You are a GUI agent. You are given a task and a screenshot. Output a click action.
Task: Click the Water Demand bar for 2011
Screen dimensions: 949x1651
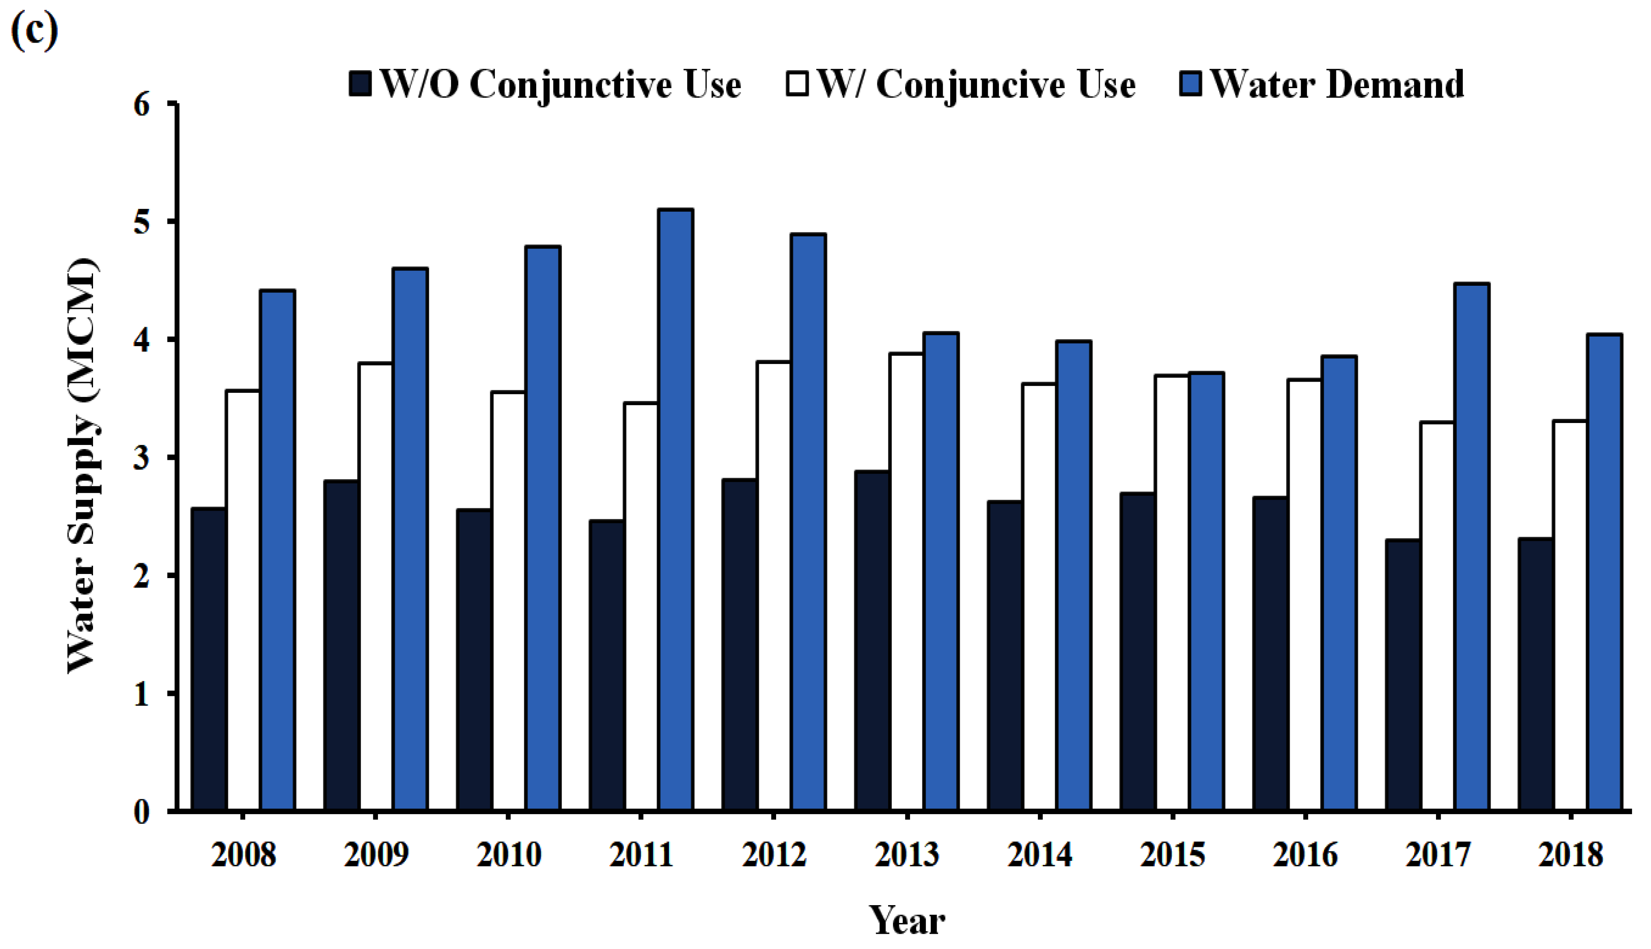click(676, 510)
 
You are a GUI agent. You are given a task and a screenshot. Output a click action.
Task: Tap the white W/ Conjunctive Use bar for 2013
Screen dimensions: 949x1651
click(906, 582)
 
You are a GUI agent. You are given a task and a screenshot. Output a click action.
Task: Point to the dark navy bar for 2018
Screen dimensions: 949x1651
click(1536, 674)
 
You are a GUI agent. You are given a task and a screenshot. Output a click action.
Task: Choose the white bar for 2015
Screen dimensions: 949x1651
click(1172, 593)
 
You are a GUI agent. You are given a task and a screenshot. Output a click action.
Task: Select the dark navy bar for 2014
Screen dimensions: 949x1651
click(1005, 656)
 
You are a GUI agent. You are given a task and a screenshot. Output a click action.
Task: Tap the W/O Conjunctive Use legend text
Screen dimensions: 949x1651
click(560, 85)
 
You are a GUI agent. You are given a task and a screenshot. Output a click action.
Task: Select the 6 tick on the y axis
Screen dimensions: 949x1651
click(142, 104)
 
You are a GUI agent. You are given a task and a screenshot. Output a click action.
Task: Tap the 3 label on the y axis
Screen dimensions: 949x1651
click(142, 458)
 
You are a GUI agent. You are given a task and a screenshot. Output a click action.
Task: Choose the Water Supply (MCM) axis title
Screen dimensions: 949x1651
click(84, 466)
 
